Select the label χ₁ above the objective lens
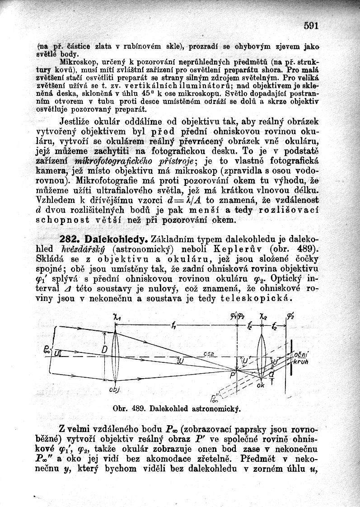click(x=115, y=318)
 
